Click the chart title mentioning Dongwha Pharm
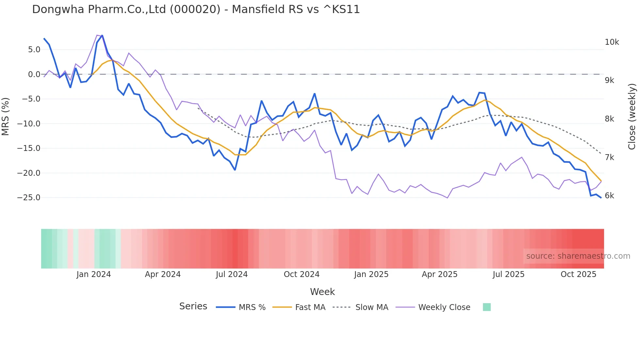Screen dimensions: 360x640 196,9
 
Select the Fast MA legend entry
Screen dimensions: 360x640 299,307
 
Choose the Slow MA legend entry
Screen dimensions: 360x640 360,307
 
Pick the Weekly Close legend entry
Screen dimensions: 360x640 433,307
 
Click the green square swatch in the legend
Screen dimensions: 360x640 487,307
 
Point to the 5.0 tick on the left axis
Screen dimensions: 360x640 34,50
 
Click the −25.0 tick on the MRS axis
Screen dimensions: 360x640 29,198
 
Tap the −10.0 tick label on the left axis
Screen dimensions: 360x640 29,124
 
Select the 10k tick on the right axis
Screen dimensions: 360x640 612,42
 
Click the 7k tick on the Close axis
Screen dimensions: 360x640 609,157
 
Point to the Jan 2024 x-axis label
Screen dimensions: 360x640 94,274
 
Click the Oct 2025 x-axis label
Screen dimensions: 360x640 578,274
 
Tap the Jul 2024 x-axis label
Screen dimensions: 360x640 232,274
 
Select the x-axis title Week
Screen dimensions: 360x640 322,292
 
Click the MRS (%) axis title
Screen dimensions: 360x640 6,117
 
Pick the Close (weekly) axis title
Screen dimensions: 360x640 632,117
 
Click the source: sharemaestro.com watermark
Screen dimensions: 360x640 578,256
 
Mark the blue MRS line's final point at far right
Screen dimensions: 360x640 601,197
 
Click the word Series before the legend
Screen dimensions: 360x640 193,306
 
